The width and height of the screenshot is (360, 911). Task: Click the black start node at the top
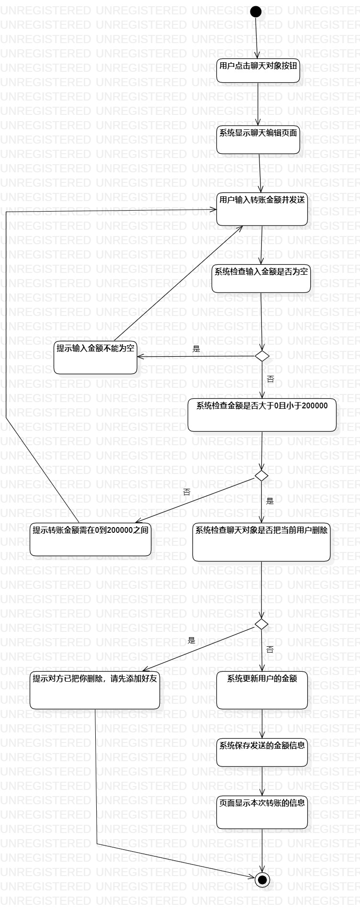click(256, 11)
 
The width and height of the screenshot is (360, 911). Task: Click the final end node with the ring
click(262, 879)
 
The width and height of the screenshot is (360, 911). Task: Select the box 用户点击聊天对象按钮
click(258, 70)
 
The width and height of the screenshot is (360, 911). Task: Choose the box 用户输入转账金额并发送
click(262, 209)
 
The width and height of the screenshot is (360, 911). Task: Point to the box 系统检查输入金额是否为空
click(261, 278)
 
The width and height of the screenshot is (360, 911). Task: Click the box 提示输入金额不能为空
click(95, 357)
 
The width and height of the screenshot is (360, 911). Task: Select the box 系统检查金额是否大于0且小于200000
click(262, 415)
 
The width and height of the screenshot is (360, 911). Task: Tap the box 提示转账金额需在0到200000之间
click(90, 539)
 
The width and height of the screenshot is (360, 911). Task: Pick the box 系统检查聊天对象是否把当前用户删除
click(261, 542)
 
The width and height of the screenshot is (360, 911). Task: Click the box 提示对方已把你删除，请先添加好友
click(95, 689)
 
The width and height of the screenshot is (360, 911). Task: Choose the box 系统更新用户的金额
click(262, 690)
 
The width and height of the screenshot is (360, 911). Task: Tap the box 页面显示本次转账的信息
click(262, 812)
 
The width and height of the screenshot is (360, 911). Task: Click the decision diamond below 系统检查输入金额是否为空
click(262, 356)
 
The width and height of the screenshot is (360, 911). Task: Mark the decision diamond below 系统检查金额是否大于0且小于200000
click(261, 475)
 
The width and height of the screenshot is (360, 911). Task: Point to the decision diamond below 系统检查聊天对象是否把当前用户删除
click(261, 624)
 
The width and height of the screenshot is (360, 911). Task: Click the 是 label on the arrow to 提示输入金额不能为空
click(196, 349)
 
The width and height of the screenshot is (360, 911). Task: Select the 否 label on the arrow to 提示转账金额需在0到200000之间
click(187, 492)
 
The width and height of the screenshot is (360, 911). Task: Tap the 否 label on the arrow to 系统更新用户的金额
click(270, 650)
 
